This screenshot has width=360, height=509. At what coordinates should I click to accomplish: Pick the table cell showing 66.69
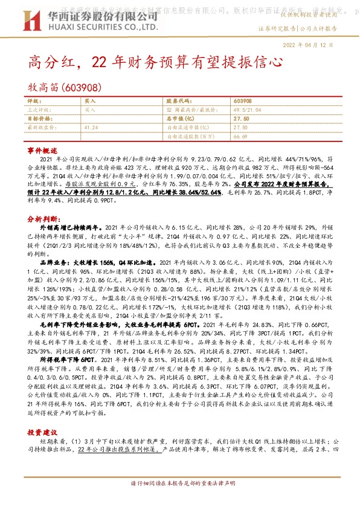(x=240, y=137)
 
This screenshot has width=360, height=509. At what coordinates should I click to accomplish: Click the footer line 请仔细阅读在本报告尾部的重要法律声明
(x=179, y=500)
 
